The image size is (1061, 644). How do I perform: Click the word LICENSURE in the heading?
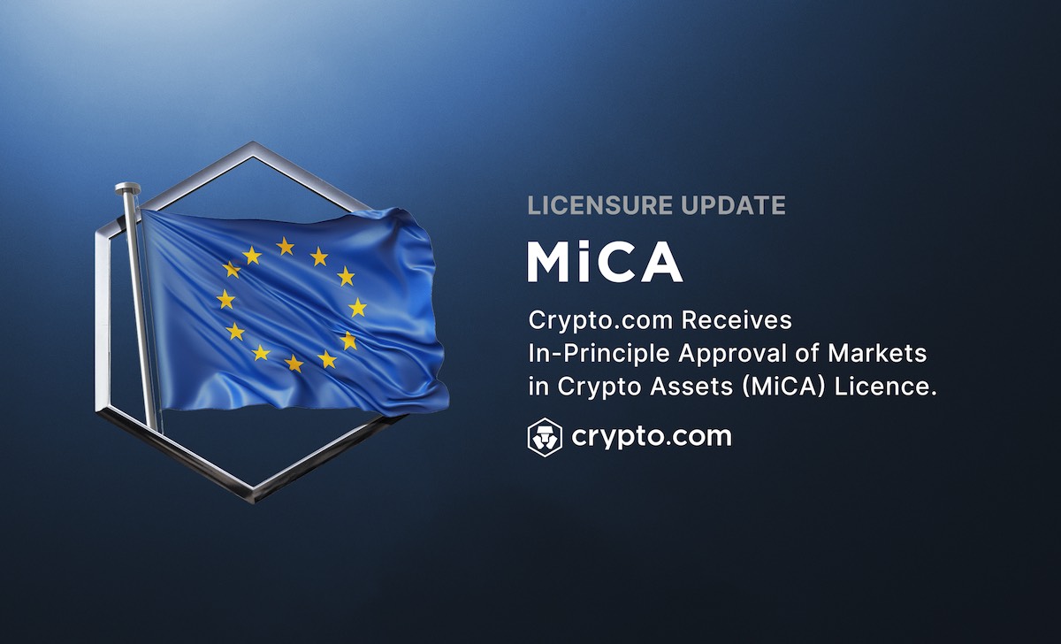point(600,205)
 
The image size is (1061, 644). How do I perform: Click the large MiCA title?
point(605,262)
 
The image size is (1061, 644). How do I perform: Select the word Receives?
point(737,320)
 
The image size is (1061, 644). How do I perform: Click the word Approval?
point(732,354)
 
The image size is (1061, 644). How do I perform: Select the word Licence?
point(886,387)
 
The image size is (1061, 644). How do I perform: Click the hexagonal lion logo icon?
point(545,437)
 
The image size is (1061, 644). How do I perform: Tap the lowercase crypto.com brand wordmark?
point(652,437)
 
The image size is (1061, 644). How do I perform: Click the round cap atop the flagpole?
point(128,188)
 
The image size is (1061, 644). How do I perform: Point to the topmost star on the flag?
point(285,247)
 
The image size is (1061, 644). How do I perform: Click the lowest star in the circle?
point(294,364)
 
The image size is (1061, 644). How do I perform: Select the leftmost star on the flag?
point(226,300)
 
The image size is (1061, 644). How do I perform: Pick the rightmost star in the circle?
point(357,308)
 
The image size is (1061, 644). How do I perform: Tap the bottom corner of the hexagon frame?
point(253,497)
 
